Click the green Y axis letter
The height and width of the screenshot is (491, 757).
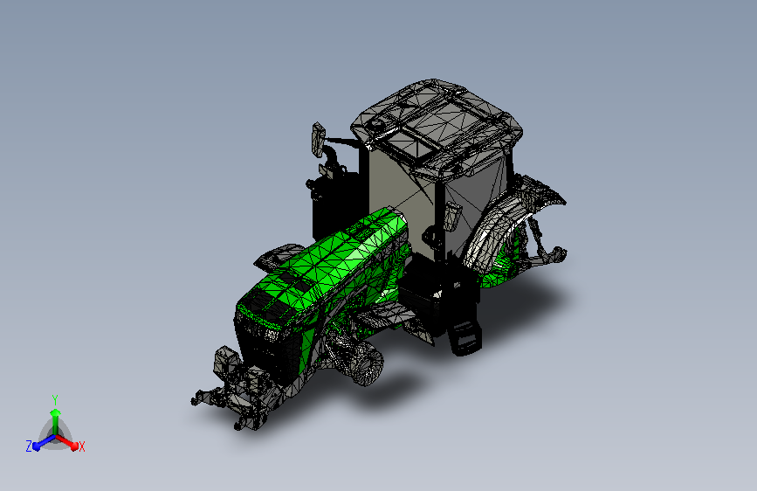tap(55, 400)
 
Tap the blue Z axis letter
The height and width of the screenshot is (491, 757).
tap(29, 446)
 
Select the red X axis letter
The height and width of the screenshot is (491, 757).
tap(81, 447)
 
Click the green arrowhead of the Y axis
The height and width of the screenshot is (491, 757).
tap(56, 413)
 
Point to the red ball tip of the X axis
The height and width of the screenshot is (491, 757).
tap(74, 446)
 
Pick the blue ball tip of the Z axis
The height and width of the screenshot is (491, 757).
tap(37, 446)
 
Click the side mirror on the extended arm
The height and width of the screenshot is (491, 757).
tap(318, 139)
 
